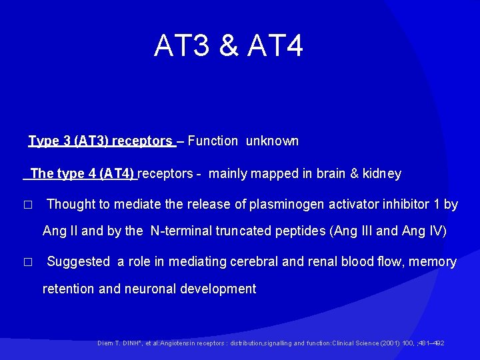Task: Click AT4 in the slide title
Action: click(x=275, y=46)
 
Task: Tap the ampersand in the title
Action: click(x=228, y=46)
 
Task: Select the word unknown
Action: click(x=272, y=141)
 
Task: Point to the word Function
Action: click(x=213, y=141)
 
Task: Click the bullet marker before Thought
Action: click(x=27, y=205)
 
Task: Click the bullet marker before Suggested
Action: click(x=27, y=263)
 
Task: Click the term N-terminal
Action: click(x=185, y=231)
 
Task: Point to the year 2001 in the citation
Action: click(x=389, y=343)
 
